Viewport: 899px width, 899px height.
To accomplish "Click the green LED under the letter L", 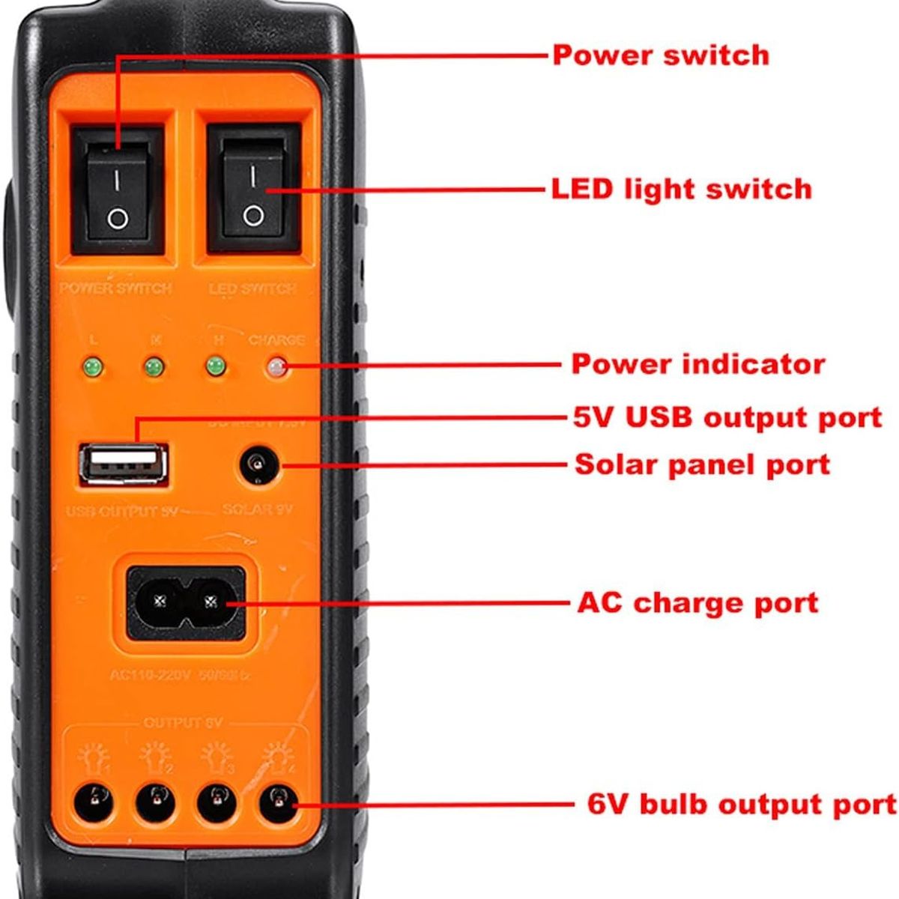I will point(94,369).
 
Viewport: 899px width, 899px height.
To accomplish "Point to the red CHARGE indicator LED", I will point(276,368).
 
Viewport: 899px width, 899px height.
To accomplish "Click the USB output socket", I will point(123,464).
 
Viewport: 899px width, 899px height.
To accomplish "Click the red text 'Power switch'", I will point(661,55).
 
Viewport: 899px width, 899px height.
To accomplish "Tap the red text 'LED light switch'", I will point(681,189).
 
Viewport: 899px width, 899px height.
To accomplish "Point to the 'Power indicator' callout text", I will point(697,364).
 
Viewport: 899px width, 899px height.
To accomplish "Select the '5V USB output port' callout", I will point(727,417).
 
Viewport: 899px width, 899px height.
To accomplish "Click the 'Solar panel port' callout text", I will point(702,464).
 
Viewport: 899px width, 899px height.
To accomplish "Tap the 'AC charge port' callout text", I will point(697,602).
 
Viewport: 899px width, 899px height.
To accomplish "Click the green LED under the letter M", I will point(154,368).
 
